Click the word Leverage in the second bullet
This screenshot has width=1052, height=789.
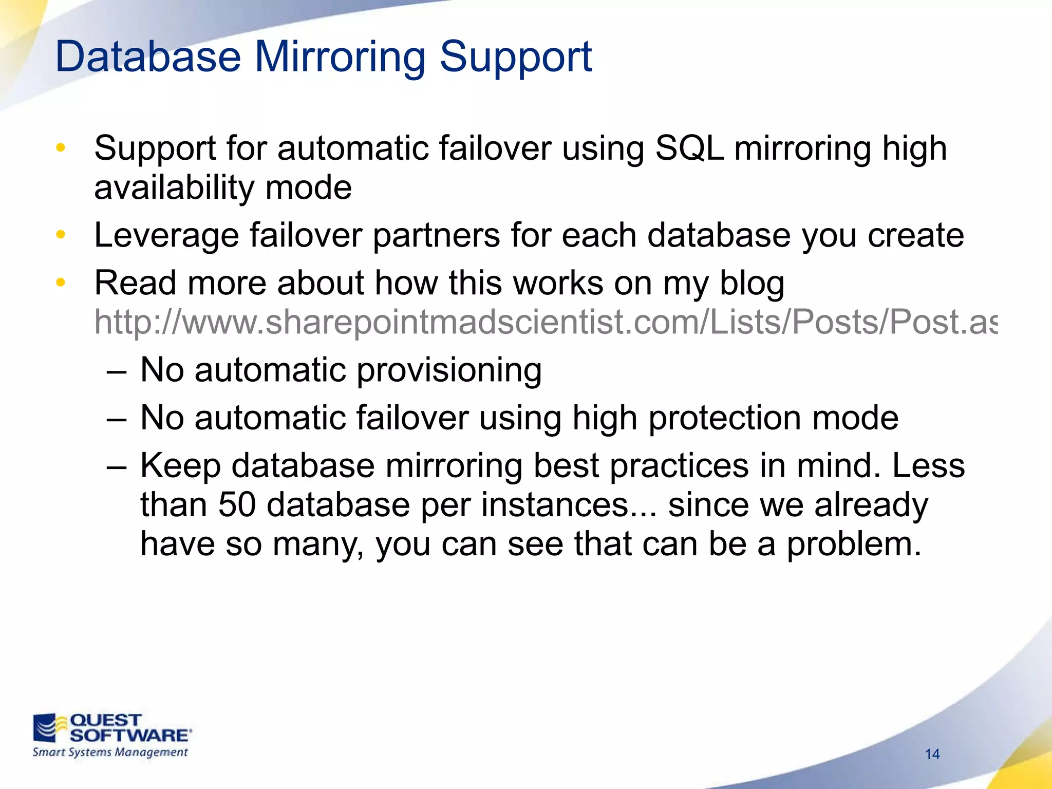pos(166,236)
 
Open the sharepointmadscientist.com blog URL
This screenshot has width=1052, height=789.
pos(544,323)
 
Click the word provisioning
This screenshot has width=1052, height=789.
pos(448,371)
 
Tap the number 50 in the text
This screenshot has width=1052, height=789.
pos(237,504)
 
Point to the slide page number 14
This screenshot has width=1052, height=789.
pos(932,754)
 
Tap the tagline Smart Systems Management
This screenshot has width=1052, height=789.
pos(110,753)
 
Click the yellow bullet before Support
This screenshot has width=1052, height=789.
pos(61,148)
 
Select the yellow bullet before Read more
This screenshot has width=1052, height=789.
pos(61,283)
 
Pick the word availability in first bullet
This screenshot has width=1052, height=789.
pos(174,188)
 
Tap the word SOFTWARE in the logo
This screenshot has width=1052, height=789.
pos(129,735)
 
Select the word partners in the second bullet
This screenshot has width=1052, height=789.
pos(436,236)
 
